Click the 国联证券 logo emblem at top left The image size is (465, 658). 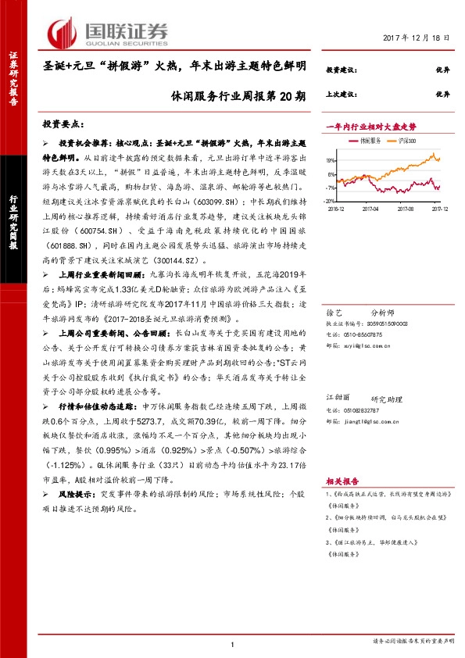tap(64, 31)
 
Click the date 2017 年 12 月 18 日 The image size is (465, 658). tap(417, 38)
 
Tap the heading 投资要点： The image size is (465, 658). tap(63, 124)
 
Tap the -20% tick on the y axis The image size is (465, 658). tap(331, 202)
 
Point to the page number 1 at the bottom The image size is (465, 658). tap(233, 643)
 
